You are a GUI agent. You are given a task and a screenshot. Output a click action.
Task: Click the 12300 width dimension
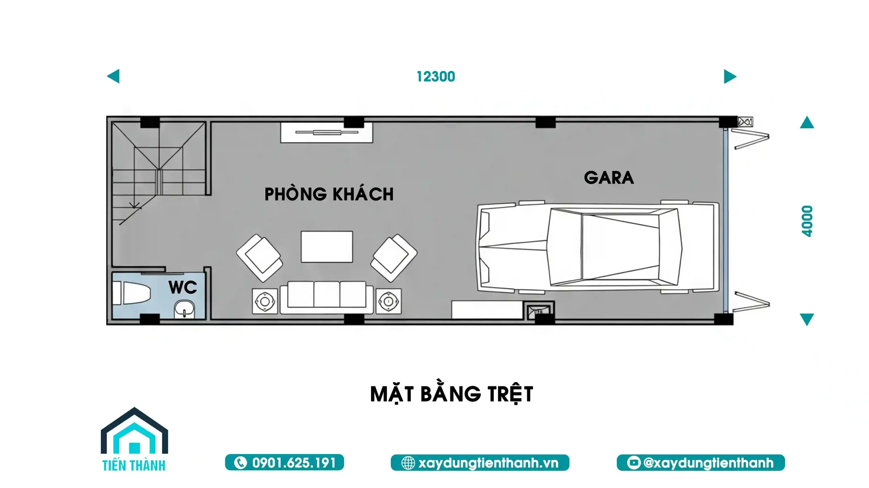tap(436, 77)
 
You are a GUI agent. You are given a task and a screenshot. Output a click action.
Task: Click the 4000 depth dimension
tap(807, 221)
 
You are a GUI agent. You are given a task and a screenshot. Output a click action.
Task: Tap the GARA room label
tap(609, 178)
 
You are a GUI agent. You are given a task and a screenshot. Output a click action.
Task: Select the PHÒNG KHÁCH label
tap(329, 194)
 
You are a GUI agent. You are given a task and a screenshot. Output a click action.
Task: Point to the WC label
tap(183, 288)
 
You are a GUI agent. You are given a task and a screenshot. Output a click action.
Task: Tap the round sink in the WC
tap(185, 309)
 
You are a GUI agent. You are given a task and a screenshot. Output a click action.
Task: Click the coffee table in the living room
tap(327, 247)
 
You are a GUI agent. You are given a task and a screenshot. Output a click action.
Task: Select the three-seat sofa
tap(327, 297)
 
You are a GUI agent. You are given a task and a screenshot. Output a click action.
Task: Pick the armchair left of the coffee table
tap(260, 257)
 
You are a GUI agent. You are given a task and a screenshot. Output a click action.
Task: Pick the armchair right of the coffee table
tap(394, 257)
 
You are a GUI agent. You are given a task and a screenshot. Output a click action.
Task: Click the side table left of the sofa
tap(265, 301)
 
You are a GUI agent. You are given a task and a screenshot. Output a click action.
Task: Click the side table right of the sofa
tap(388, 301)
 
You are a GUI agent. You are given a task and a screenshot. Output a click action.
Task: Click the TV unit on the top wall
tap(326, 133)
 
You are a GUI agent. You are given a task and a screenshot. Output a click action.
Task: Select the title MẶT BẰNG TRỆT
tap(451, 394)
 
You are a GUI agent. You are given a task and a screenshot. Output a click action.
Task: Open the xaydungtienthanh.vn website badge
tap(480, 463)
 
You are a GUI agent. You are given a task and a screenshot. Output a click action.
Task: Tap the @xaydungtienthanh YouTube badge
tap(701, 463)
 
